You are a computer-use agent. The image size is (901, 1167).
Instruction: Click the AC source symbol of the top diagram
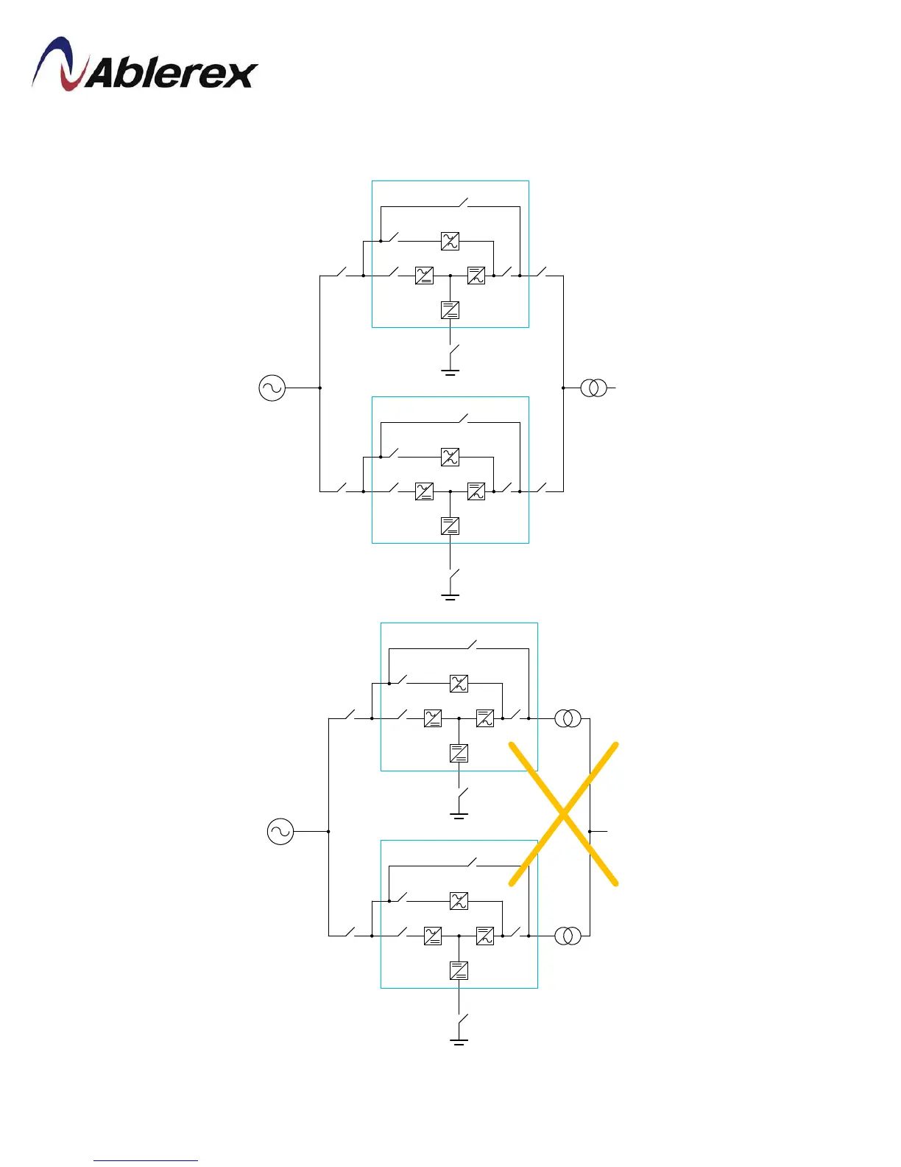pyautogui.click(x=272, y=388)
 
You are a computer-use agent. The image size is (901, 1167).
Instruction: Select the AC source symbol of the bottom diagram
pyautogui.click(x=280, y=832)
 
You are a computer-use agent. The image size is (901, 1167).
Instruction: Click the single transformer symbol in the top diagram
pyautogui.click(x=594, y=388)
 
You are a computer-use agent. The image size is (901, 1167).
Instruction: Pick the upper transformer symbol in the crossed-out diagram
pyautogui.click(x=568, y=718)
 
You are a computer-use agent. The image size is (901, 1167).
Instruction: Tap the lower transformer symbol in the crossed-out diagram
pyautogui.click(x=568, y=936)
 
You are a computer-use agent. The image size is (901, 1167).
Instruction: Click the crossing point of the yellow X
pyautogui.click(x=564, y=813)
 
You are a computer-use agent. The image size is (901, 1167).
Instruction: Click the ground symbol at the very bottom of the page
pyautogui.click(x=459, y=1040)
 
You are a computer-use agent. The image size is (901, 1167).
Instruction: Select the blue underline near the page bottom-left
pyautogui.click(x=146, y=1160)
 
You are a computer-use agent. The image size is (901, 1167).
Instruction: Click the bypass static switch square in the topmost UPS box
pyautogui.click(x=450, y=241)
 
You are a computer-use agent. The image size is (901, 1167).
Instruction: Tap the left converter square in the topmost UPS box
pyautogui.click(x=424, y=276)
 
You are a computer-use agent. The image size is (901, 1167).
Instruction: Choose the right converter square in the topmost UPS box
pyautogui.click(x=476, y=276)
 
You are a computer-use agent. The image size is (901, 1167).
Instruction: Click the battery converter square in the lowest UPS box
pyautogui.click(x=459, y=970)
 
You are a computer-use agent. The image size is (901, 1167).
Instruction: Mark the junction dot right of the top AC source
pyautogui.click(x=320, y=388)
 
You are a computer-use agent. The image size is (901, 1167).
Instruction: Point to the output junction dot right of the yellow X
pyautogui.click(x=590, y=831)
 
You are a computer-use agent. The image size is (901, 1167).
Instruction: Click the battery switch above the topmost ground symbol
pyautogui.click(x=454, y=351)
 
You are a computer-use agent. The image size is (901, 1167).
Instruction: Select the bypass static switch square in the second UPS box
pyautogui.click(x=450, y=457)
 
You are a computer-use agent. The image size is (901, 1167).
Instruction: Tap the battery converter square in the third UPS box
pyautogui.click(x=459, y=753)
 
